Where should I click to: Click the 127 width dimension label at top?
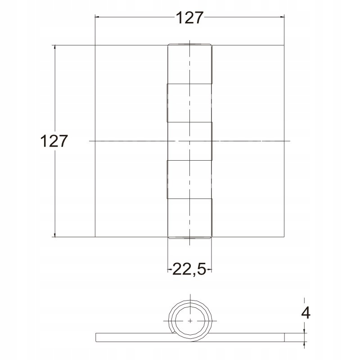pos(189,18)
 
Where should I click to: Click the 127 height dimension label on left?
pos(54,141)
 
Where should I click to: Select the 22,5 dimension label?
pos(189,269)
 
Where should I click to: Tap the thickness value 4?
pos(306,312)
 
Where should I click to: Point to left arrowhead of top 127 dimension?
pos(97,17)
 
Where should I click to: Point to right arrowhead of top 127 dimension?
pos(282,17)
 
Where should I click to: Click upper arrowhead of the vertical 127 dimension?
pos(54,47)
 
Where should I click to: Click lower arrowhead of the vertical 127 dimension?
pos(54,234)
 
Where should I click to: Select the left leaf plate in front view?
pos(131,141)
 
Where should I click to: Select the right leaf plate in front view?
pos(248,141)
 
